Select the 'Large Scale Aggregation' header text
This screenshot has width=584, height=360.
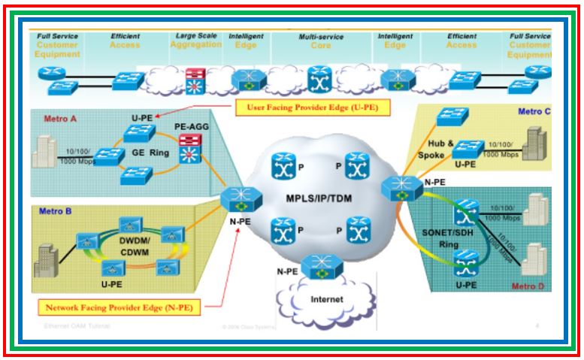tap(198, 39)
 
